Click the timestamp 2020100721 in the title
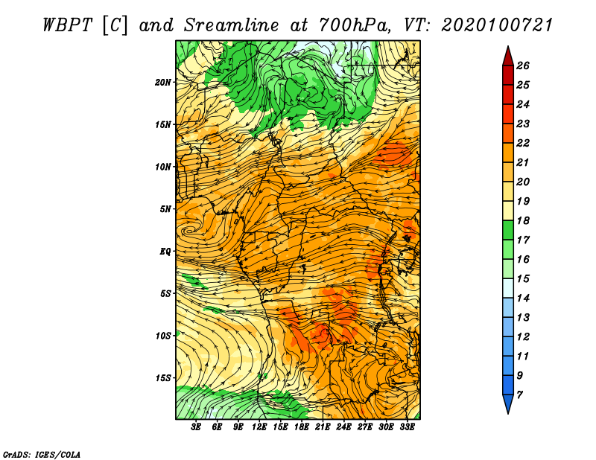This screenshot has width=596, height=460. click(x=497, y=25)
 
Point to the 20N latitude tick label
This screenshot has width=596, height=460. click(x=163, y=82)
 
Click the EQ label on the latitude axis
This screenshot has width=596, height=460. click(x=165, y=251)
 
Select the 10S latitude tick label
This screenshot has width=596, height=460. click(x=163, y=336)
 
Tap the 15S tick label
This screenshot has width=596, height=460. click(x=163, y=378)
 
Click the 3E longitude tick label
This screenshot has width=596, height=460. click(x=197, y=428)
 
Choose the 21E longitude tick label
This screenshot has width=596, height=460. click(x=323, y=428)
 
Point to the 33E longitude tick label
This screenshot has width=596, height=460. click(x=407, y=428)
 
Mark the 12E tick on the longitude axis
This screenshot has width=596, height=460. click(x=259, y=428)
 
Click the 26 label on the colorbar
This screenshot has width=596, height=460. click(x=522, y=66)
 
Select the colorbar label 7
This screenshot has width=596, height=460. click(x=519, y=394)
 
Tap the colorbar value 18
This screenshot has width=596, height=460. click(x=522, y=220)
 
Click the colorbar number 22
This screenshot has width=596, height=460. click(x=522, y=143)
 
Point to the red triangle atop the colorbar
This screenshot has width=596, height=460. click(x=507, y=55)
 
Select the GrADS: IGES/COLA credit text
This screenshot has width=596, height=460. click(x=42, y=453)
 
